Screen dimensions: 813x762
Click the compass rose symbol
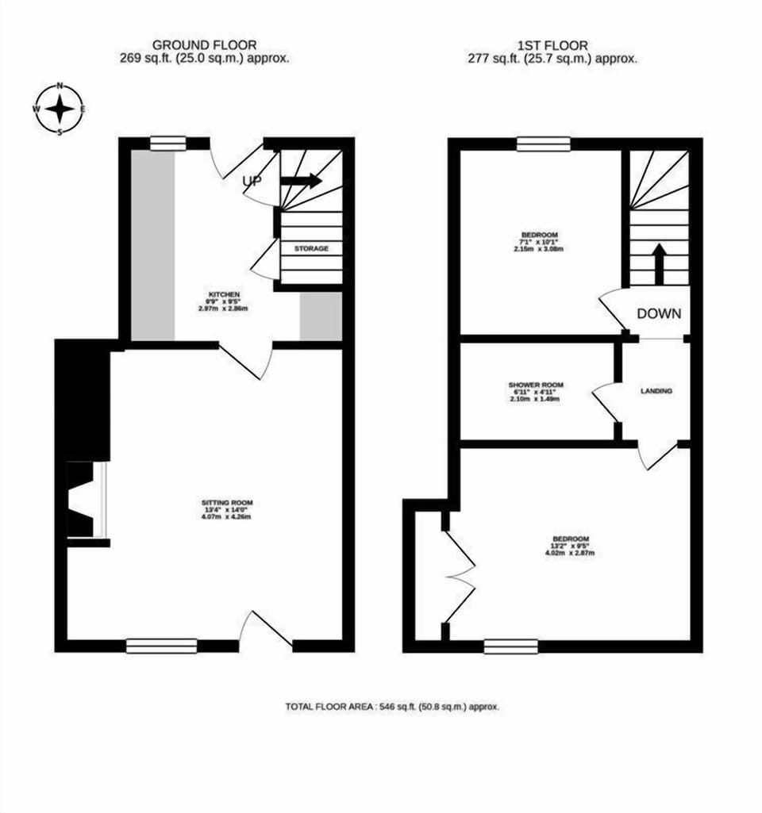60,109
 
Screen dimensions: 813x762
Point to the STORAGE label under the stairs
311,248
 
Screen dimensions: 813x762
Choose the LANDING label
656,391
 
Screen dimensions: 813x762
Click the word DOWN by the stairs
659,313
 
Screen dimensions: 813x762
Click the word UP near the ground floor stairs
252,182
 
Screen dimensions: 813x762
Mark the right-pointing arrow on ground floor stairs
301,181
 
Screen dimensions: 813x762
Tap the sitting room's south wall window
161,646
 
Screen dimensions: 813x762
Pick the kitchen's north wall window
167,143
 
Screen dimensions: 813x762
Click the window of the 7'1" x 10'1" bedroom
543,144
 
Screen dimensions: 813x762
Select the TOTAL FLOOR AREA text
392,706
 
